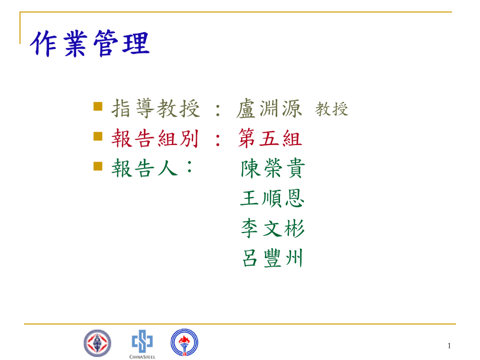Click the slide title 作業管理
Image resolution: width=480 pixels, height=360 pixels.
coord(90,44)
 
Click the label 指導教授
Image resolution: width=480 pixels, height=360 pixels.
coord(156,108)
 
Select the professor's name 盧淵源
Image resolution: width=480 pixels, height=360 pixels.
coord(269,108)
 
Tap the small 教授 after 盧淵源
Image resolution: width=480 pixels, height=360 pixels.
coord(332,109)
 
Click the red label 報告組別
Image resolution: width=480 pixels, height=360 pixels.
coord(155,138)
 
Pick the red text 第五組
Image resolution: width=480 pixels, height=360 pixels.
coord(270,138)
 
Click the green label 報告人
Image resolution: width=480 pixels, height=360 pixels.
coord(145,168)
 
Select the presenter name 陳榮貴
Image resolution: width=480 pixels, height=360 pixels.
coord(273,168)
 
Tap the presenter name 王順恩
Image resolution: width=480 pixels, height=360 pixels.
coord(272,198)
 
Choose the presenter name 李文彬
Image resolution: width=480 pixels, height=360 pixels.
coord(273,228)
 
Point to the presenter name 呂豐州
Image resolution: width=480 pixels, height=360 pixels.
coord(273,258)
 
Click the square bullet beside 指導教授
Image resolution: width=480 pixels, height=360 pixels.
coord(98,106)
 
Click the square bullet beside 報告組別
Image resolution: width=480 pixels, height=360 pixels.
coord(98,136)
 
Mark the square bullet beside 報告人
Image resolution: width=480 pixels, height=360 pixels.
coord(98,166)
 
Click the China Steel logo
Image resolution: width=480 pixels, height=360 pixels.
coord(142,344)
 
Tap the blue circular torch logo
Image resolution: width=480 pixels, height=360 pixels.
coord(185,342)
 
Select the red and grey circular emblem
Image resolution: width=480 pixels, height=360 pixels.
coord(98,343)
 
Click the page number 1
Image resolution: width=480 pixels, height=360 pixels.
coord(449,346)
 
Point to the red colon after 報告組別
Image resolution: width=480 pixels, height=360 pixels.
coord(218,140)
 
